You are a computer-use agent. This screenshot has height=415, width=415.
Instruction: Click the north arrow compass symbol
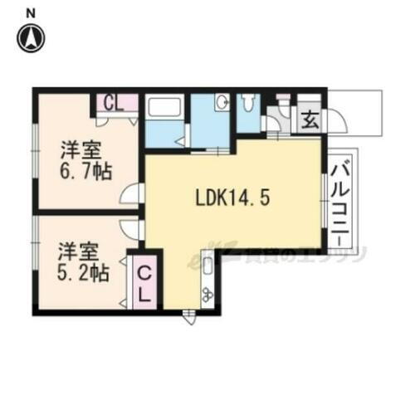[x=32, y=37]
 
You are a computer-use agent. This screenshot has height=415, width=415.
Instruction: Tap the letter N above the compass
[x=31, y=12]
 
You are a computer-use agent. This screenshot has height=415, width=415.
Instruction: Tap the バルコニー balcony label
[x=340, y=203]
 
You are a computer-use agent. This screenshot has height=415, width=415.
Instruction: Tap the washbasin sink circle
[x=222, y=103]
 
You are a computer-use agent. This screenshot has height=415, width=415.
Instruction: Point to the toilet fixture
[x=248, y=104]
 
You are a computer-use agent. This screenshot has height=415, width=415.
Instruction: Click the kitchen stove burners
[x=207, y=293]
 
